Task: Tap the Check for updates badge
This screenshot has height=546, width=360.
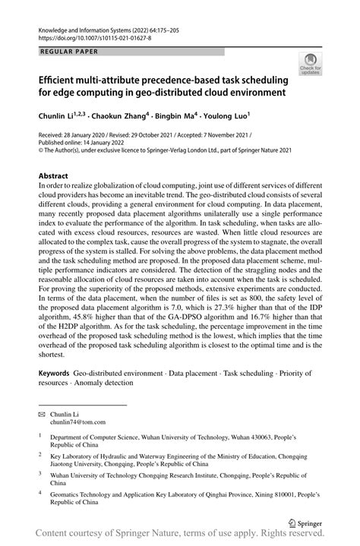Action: coord(310,65)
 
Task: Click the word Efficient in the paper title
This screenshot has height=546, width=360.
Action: coord(58,80)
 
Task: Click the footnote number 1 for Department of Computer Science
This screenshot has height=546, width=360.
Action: coord(40,437)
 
